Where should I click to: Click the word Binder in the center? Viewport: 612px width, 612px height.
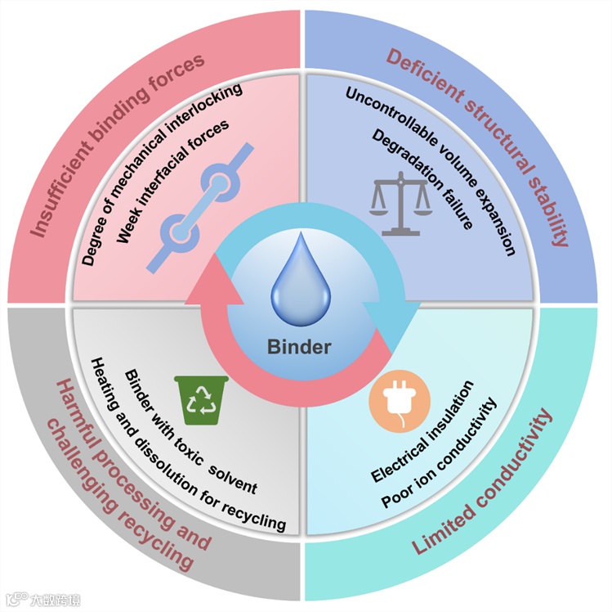(299, 346)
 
